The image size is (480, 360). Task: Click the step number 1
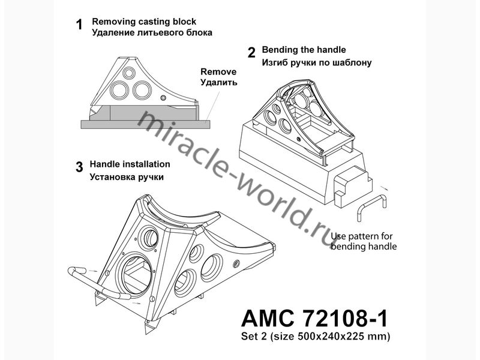point(77,26)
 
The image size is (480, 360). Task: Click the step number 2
point(251,52)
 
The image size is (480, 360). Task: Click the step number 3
point(79,167)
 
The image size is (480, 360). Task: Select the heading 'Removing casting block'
point(144,22)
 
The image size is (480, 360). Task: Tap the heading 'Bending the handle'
point(304,50)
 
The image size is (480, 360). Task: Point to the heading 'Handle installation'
point(130,164)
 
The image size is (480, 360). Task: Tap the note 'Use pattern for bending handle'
point(364,241)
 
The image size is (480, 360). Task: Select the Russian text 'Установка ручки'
point(127,177)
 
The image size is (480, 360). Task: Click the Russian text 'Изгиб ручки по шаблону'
point(317,62)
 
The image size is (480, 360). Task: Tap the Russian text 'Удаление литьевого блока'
point(152,33)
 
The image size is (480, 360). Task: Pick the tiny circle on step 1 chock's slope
point(163,97)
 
